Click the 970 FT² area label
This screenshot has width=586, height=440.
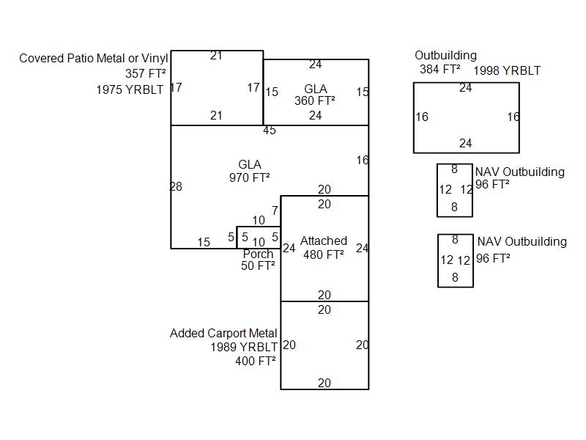[249, 177]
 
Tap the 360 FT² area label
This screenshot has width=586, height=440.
[315, 101]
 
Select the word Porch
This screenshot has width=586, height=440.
[258, 254]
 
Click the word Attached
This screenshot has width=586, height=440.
[324, 241]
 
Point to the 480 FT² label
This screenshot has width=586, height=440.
[324, 255]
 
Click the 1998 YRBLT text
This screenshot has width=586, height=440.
[507, 71]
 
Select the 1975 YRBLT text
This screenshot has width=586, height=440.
[130, 89]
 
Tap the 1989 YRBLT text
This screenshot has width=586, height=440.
[244, 347]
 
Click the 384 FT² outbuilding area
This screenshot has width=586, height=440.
[437, 69]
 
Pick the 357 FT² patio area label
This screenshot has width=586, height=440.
[146, 74]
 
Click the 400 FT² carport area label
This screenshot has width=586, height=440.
[256, 361]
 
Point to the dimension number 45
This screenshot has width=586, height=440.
[270, 131]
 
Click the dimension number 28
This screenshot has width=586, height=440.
[176, 187]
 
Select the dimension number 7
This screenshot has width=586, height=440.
[275, 211]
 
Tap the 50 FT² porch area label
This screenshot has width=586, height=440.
[258, 265]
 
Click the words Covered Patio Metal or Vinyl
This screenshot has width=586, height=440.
[94, 58]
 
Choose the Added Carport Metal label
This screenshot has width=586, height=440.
[223, 333]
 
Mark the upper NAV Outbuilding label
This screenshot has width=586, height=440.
[520, 172]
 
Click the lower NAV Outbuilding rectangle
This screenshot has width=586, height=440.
[455, 260]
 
